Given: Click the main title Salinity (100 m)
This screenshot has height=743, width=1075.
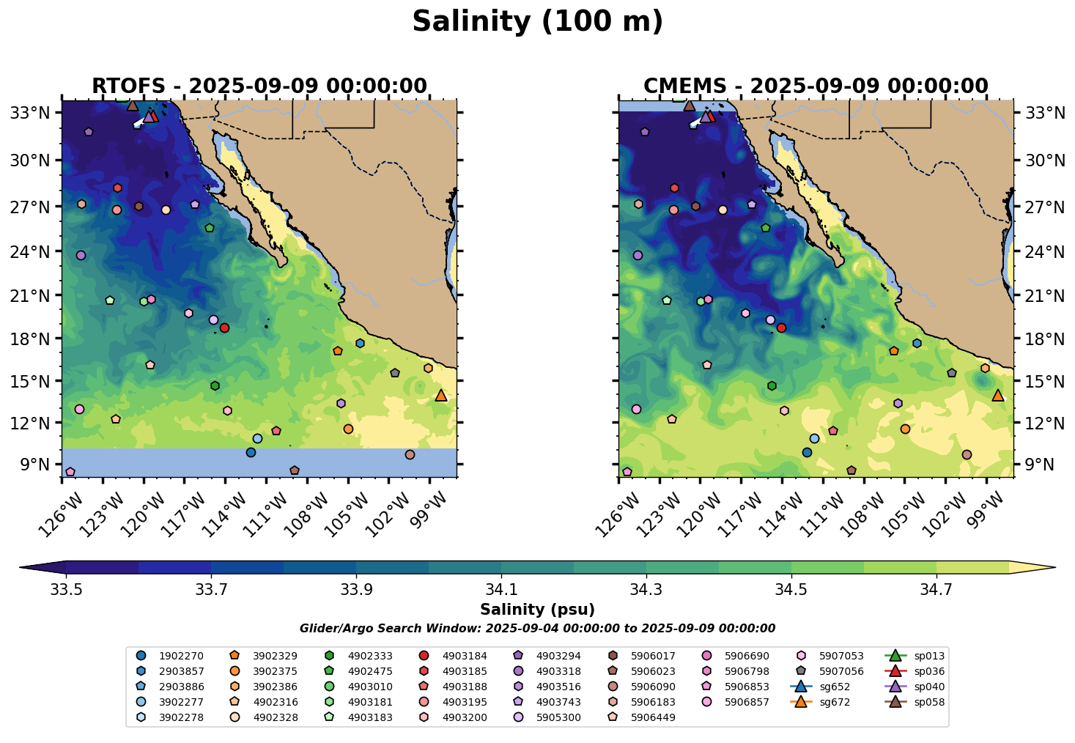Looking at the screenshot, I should (x=537, y=22).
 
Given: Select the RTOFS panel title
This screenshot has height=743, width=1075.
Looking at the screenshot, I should (x=259, y=86).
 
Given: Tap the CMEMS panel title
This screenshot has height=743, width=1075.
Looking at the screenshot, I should (x=816, y=86).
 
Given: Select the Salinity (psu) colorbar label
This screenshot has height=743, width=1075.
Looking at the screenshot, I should (x=537, y=610).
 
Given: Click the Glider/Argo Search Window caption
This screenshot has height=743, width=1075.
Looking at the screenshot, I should (x=537, y=629).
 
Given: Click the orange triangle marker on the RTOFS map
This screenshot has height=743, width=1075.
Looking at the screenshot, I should (x=441, y=396).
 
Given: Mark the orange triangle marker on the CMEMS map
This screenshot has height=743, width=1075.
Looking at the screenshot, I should (x=998, y=396).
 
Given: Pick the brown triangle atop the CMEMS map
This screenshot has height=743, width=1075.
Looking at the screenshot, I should (x=690, y=106).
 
